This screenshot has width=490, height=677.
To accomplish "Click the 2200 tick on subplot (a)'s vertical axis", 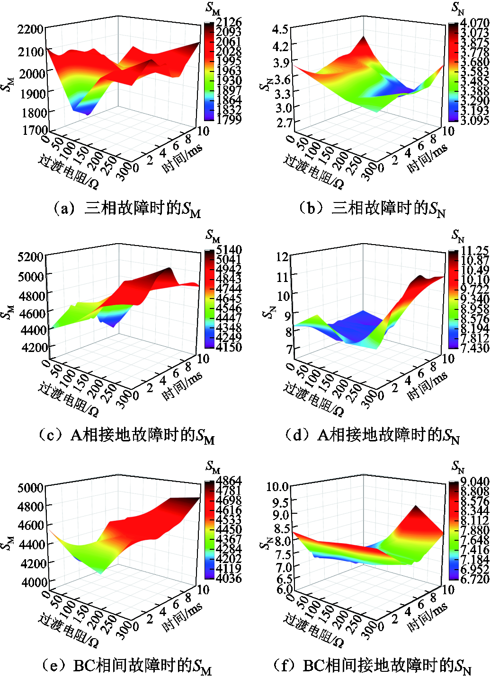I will [31, 29].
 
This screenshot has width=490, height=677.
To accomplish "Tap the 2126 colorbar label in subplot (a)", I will [229, 22].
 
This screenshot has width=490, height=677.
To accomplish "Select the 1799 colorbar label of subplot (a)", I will [229, 120].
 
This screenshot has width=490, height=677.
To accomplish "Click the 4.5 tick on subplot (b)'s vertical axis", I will [280, 29].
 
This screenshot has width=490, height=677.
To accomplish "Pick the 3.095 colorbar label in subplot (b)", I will [475, 120].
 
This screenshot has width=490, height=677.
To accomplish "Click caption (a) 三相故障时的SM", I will [126, 208].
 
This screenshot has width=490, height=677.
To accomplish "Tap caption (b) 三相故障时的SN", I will [372, 208].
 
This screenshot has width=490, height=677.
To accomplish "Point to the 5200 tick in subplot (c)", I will [31, 257].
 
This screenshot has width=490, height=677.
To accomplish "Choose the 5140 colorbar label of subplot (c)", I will [229, 249].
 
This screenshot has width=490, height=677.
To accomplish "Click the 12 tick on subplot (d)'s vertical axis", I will [282, 257].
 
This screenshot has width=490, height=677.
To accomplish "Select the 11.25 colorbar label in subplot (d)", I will [475, 250].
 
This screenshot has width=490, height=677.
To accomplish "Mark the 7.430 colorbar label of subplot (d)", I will [475, 348].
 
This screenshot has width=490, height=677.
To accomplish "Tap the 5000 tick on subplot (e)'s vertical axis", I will [31, 488].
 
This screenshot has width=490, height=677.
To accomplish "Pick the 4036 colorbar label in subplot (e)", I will [229, 578].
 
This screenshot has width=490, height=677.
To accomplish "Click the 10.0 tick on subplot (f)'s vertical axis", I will [277, 487].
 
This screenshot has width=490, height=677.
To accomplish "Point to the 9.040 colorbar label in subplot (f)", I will [475, 482].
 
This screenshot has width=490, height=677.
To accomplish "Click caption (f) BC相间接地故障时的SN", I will [372, 666].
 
